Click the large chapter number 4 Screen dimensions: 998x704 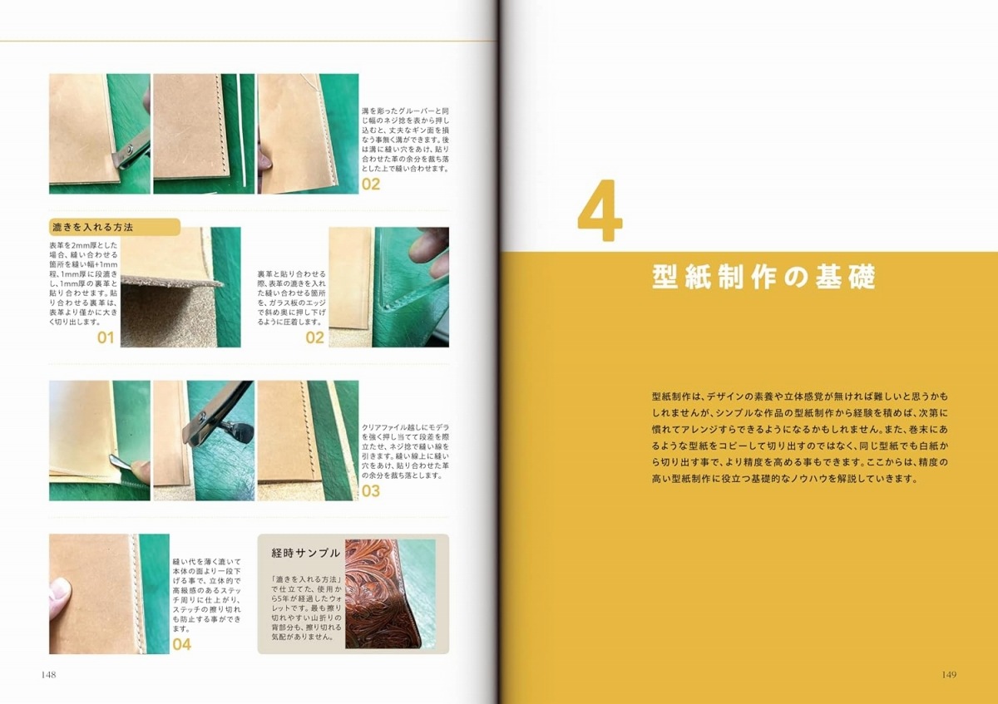click(x=600, y=210)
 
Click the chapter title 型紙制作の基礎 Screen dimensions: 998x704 click(x=763, y=277)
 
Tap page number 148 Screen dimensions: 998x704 click(x=48, y=675)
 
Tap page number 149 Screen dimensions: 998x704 click(x=949, y=675)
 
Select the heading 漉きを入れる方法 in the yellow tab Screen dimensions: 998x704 click(x=92, y=227)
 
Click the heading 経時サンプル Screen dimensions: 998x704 click(x=306, y=553)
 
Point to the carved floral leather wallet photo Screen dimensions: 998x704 click(x=383, y=594)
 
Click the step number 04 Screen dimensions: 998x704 click(x=182, y=644)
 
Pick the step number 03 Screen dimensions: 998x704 click(x=371, y=490)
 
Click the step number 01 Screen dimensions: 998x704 click(x=106, y=337)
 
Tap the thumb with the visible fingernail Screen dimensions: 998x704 click(x=60, y=596)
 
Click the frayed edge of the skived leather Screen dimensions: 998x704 click(x=171, y=282)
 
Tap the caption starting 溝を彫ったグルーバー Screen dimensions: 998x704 click(x=405, y=140)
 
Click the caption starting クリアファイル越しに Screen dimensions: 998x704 click(x=405, y=451)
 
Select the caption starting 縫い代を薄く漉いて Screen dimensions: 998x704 click(x=207, y=595)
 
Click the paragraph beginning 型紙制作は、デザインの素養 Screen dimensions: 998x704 click(x=800, y=437)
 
